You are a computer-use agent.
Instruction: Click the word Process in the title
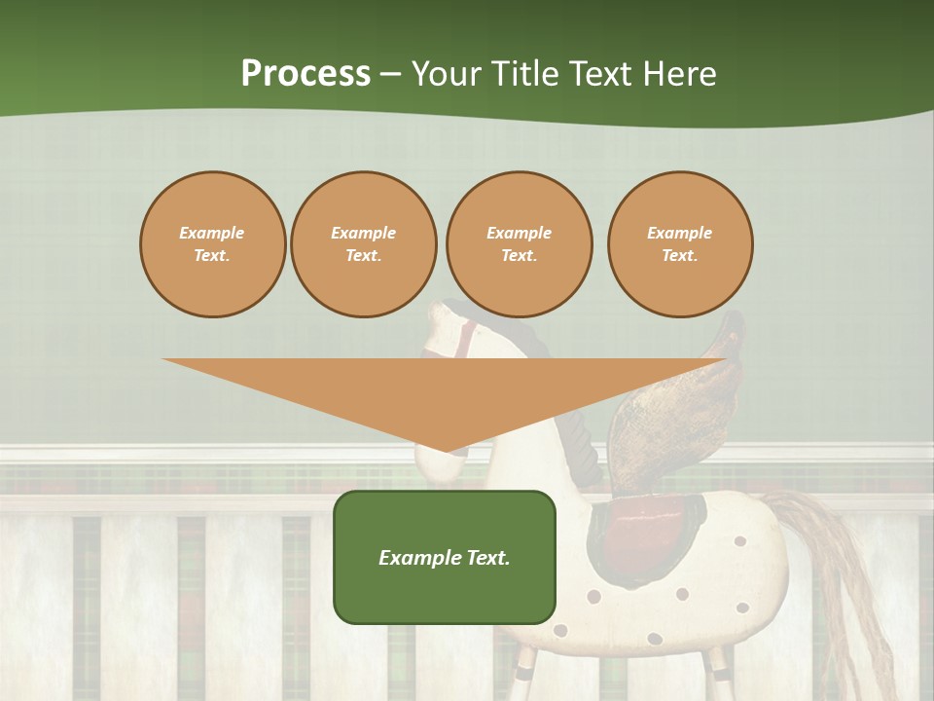click(305, 73)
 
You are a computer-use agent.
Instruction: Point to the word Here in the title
click(678, 73)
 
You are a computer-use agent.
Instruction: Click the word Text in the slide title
click(601, 73)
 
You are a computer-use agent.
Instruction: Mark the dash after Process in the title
click(391, 74)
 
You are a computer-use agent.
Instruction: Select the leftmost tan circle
click(212, 244)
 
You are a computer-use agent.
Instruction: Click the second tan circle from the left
click(364, 244)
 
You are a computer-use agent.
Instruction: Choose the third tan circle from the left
click(519, 244)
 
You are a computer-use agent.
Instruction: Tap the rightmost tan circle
click(680, 244)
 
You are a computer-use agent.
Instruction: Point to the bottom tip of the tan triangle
click(446, 450)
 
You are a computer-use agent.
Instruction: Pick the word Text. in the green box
click(487, 558)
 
